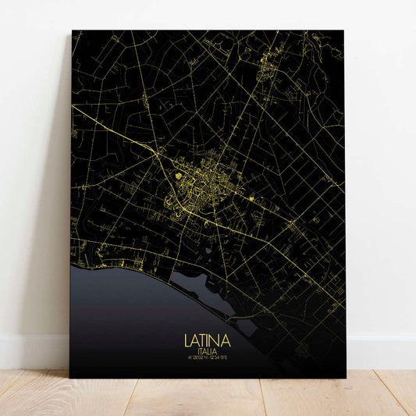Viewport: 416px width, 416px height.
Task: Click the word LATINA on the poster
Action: click(x=207, y=341)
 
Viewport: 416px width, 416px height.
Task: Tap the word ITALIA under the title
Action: click(x=207, y=352)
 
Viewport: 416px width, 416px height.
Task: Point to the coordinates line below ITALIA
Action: click(x=207, y=360)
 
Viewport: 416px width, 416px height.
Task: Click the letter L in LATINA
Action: click(x=187, y=341)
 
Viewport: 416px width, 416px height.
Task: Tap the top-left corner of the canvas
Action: click(x=72, y=31)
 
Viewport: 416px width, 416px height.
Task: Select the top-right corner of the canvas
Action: click(x=343, y=31)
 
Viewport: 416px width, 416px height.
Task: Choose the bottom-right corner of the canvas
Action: click(x=345, y=377)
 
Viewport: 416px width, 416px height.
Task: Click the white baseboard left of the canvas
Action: click(x=31, y=351)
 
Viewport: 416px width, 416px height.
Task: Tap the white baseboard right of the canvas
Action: click(x=382, y=351)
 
